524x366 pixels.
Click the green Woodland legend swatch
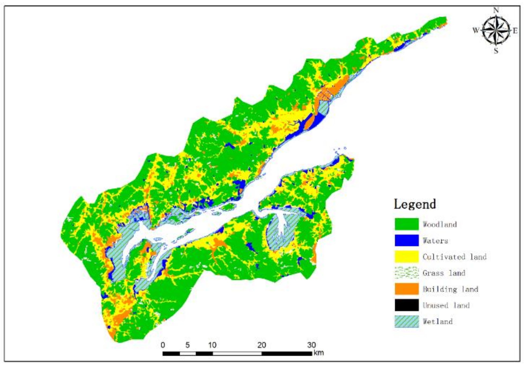pos(406,224)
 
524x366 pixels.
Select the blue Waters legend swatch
pos(406,240)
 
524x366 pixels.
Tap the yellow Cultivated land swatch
pos(406,257)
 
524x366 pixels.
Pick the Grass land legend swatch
pos(406,273)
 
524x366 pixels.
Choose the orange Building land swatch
pos(406,289)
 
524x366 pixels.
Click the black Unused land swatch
pos(406,305)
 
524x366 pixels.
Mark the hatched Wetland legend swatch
pos(406,321)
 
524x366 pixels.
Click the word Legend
pos(415,204)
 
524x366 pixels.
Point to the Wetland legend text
pos(437,321)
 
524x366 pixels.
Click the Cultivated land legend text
pos(454,257)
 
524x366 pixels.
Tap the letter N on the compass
pos(496,10)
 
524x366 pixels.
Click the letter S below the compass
pos(496,51)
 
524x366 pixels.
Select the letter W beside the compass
pos(476,30)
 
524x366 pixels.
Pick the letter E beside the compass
pos(515,31)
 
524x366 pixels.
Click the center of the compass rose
pos(496,30)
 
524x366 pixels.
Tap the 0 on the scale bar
pos(163,345)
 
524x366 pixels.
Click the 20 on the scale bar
pos(261,345)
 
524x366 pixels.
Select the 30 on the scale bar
pos(311,345)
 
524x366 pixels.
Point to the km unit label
pos(319,353)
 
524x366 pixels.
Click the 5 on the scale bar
pos(188,345)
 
